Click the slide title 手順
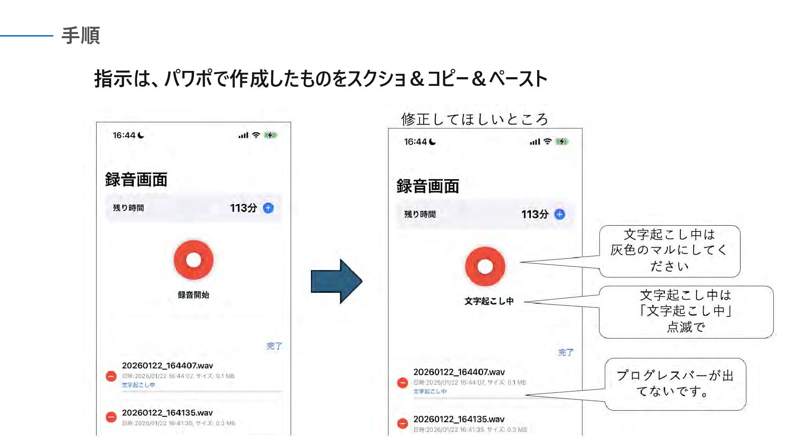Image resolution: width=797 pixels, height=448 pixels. [81, 36]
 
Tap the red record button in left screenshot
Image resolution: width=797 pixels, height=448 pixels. [193, 260]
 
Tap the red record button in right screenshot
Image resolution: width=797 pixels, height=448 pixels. [485, 266]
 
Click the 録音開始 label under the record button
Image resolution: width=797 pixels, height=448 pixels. [193, 295]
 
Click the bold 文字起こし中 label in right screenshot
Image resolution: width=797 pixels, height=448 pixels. [489, 301]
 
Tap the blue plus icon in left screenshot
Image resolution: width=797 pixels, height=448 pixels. [269, 208]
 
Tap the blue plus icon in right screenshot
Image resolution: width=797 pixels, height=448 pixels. [560, 214]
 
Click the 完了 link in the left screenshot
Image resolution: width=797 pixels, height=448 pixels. [274, 346]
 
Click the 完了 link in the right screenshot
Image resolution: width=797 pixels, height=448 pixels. [565, 353]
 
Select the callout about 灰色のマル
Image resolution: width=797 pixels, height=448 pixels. [669, 251]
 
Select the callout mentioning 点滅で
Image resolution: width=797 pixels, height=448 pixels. [686, 312]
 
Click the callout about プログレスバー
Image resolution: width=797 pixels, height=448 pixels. [675, 384]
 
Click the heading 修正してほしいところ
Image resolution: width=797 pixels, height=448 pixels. [474, 119]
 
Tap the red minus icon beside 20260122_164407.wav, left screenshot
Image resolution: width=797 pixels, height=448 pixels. [111, 376]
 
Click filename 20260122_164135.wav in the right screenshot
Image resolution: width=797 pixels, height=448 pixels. [459, 419]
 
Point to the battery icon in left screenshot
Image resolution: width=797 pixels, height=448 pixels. [270, 135]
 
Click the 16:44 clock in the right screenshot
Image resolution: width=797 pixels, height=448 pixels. [416, 142]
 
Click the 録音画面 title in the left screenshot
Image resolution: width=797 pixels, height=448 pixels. [136, 180]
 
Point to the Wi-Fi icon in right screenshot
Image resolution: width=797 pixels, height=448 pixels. [548, 141]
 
